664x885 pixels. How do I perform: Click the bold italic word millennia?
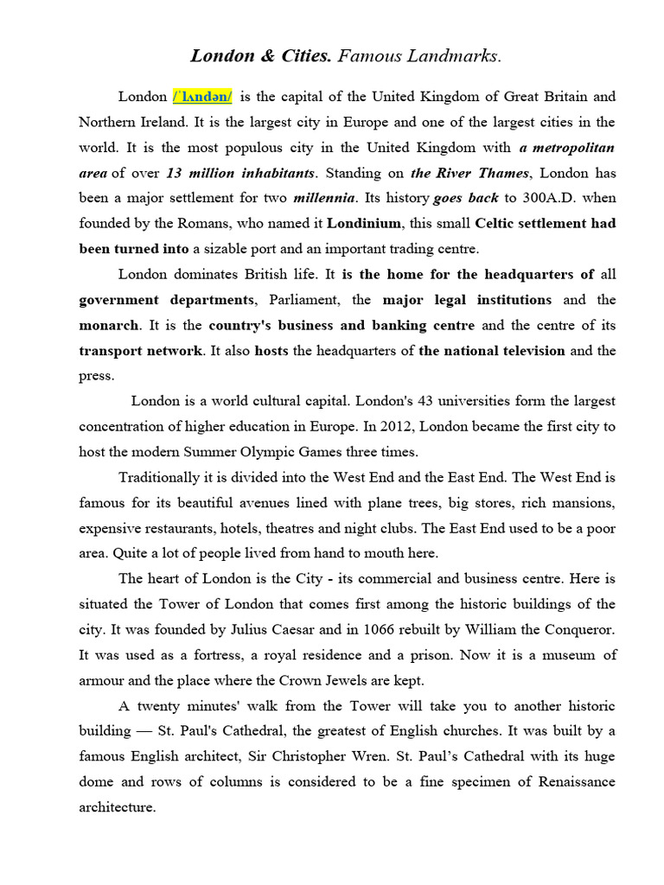[x=324, y=198]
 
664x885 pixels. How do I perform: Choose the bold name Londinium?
[x=364, y=224]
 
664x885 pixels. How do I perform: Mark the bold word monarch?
[x=109, y=326]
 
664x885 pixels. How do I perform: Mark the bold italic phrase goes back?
[x=466, y=198]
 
